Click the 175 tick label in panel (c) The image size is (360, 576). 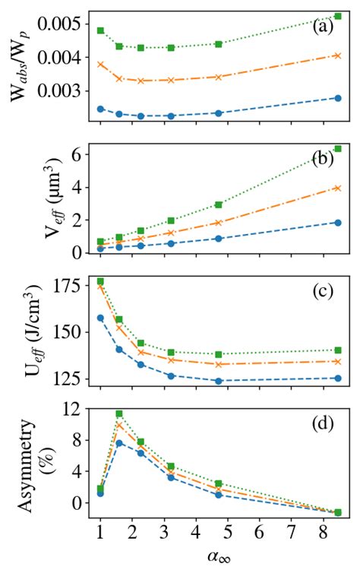coord(68,286)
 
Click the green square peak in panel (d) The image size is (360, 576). coord(119,413)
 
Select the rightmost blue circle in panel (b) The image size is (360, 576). coord(337,222)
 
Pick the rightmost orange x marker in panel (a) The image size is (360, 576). coord(337,55)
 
